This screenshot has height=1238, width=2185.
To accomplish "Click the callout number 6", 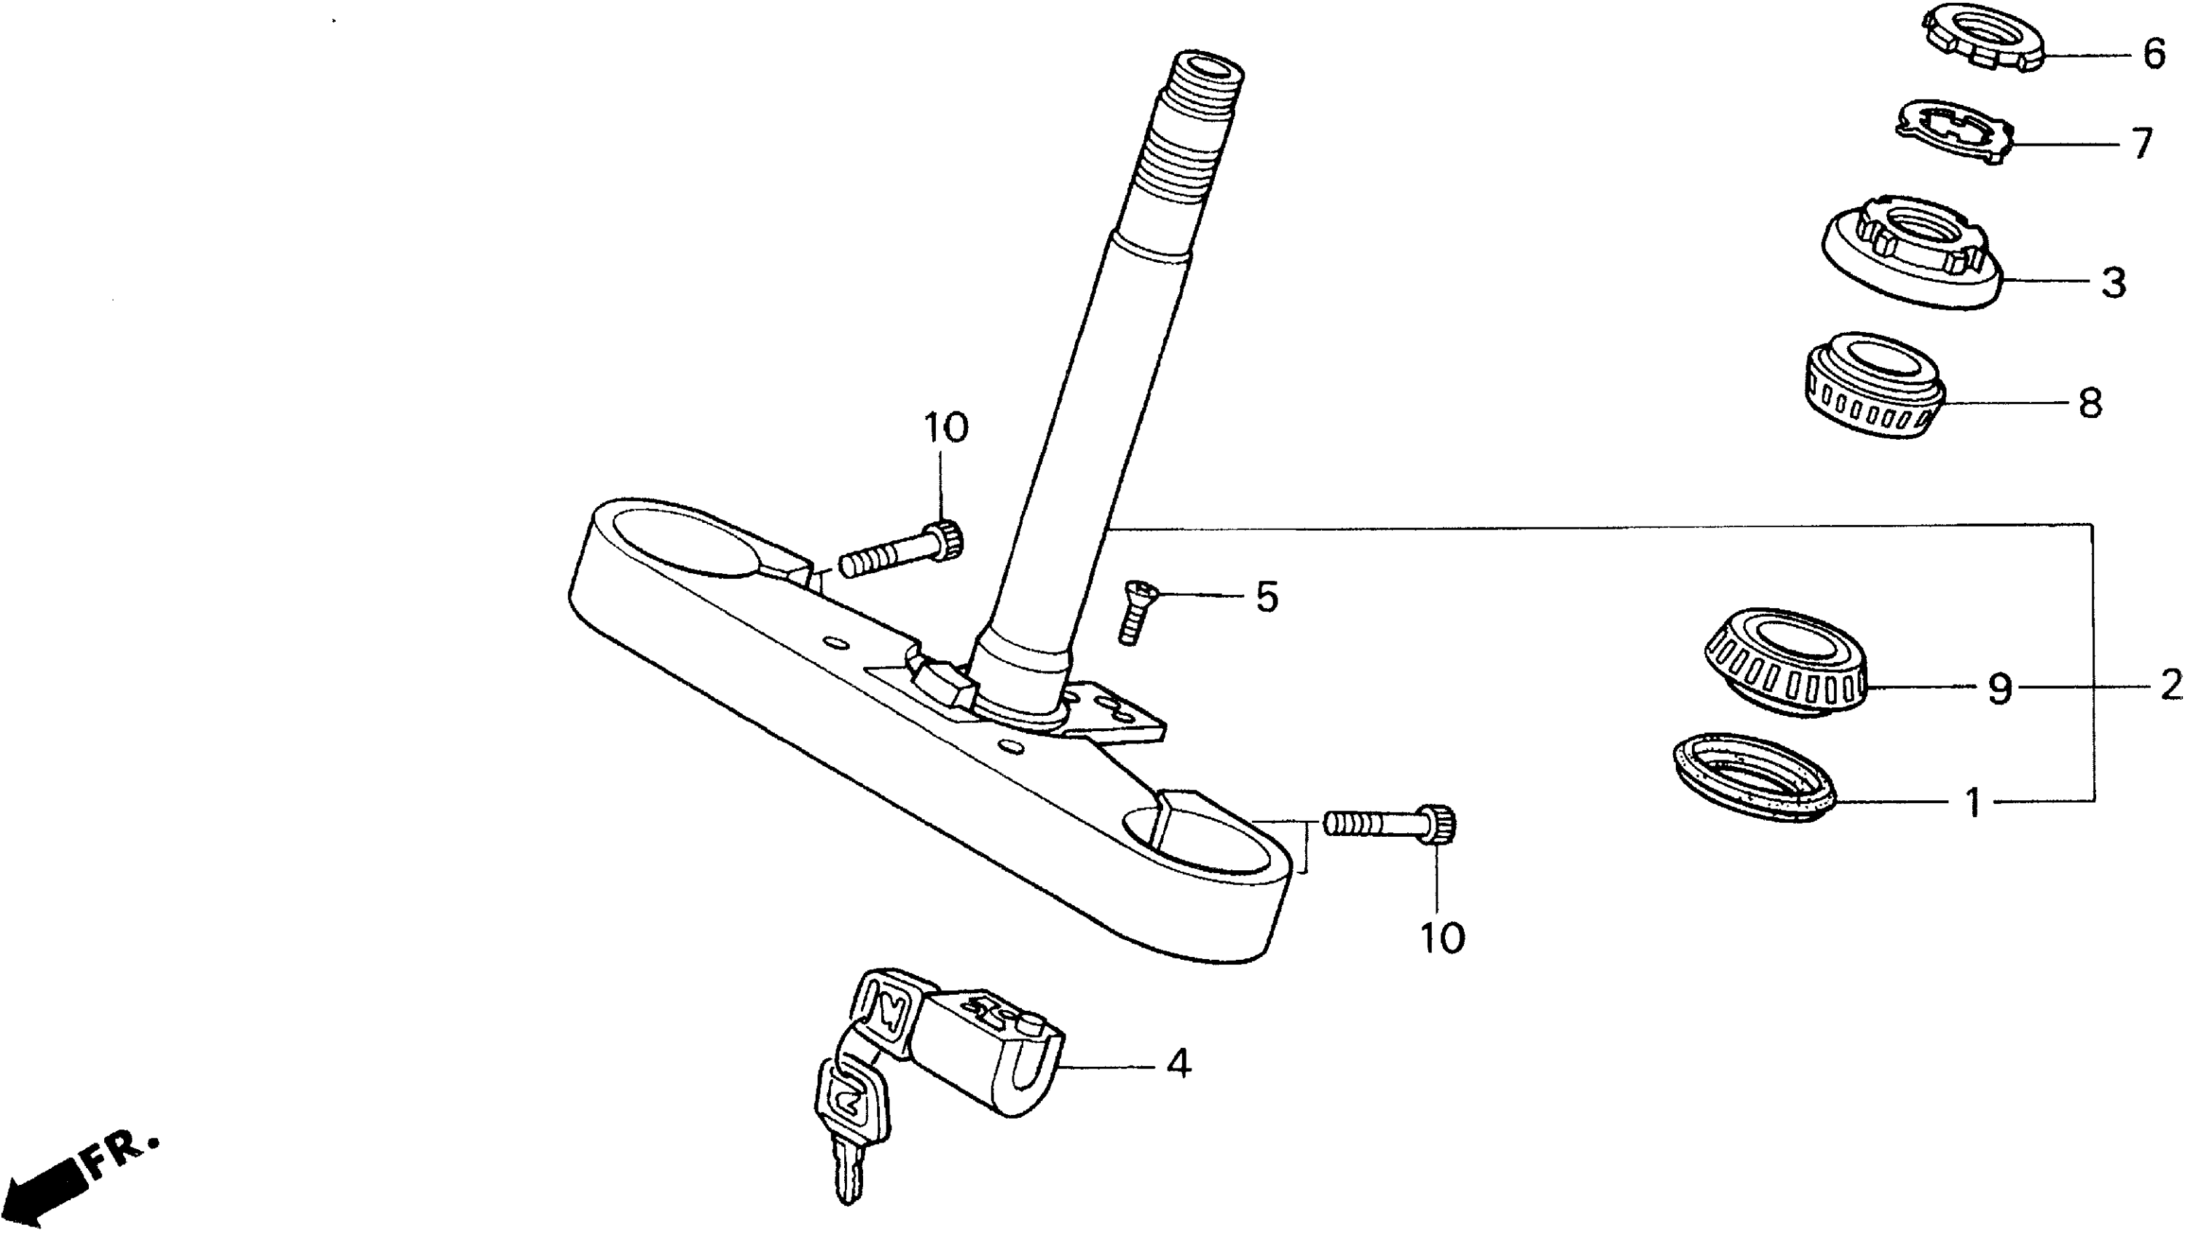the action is coord(2153,55).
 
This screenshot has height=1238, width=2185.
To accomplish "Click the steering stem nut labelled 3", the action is coord(1913,259).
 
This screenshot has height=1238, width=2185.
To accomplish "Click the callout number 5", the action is coord(1266,598).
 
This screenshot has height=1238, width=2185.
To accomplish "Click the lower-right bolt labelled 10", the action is coord(1391,823).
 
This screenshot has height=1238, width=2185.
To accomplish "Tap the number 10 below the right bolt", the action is coord(1442,938).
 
